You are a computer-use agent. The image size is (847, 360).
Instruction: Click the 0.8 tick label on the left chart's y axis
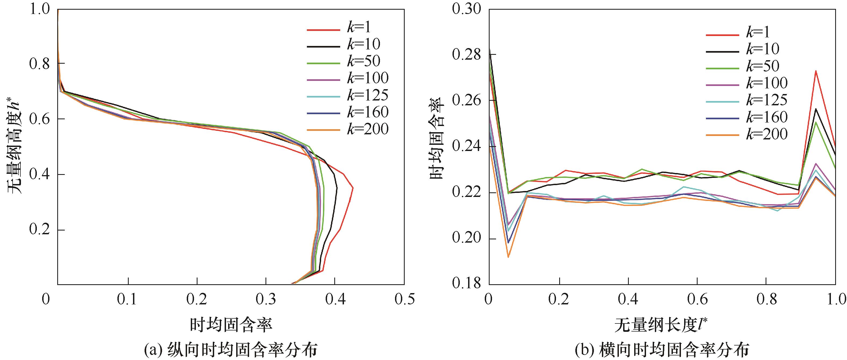[x=40, y=63]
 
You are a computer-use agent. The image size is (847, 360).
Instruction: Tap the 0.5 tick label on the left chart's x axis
[x=404, y=299]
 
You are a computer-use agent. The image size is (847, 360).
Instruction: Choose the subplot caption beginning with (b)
[x=662, y=350]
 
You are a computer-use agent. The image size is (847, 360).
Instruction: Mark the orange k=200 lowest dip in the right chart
[x=508, y=257]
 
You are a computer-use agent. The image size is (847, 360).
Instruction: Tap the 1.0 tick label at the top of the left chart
[x=40, y=9]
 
